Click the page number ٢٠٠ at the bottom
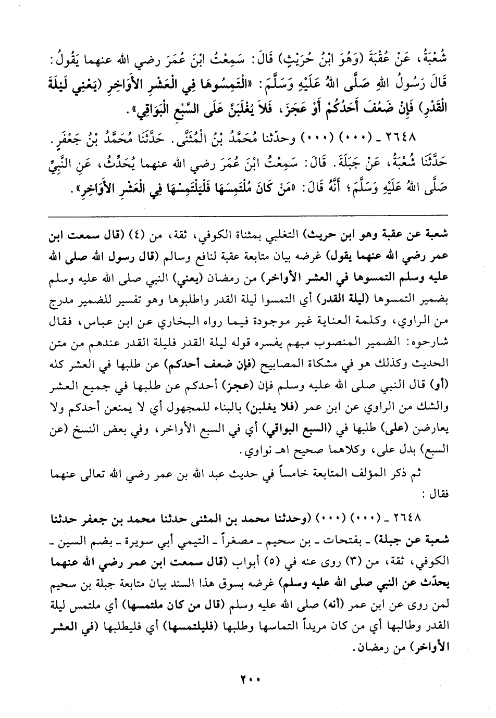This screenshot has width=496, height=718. (248, 680)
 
